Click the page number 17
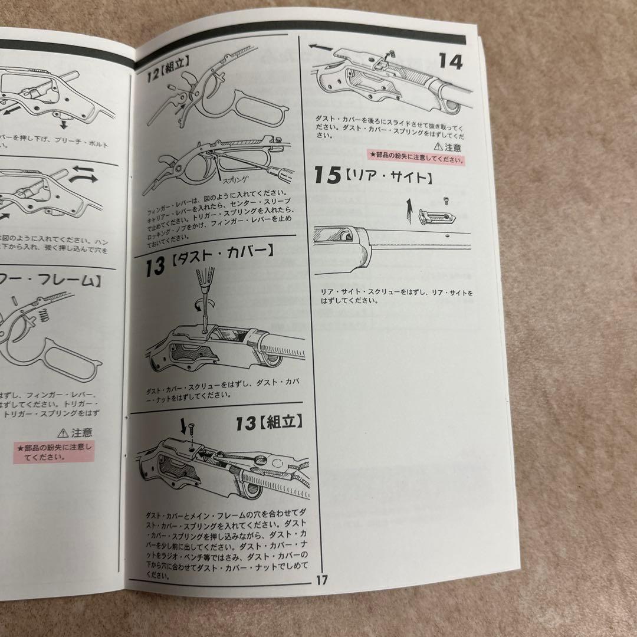coord(321,580)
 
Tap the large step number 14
coord(451,61)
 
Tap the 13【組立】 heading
coord(269,422)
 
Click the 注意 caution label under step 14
coord(448,146)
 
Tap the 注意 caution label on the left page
coord(77,432)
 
